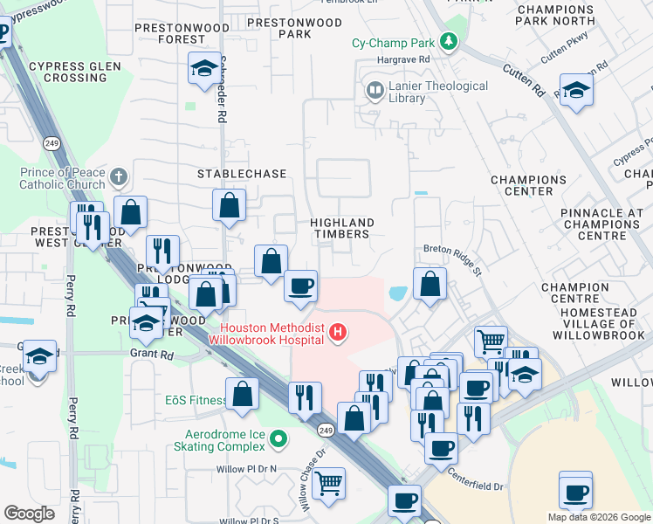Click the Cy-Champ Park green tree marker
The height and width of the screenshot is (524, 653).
point(449,42)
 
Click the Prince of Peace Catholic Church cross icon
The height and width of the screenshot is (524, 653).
point(119,178)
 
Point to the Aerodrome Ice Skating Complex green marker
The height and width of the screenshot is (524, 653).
point(278,439)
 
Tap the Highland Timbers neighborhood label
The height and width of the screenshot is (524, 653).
point(342,228)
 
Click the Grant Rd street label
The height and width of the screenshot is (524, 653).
point(154,355)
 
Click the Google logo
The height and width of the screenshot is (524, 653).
point(30,514)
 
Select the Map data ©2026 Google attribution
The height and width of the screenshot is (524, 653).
point(598,516)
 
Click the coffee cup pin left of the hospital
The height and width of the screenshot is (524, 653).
point(301,286)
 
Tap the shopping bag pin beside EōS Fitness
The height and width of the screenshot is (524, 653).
point(243,393)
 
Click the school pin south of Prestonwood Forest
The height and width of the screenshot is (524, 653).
point(204,70)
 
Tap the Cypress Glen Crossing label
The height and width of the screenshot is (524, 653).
point(68,72)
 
